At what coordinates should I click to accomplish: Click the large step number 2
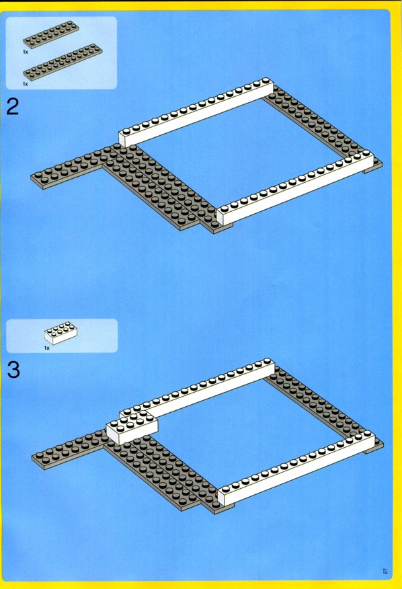(x=13, y=107)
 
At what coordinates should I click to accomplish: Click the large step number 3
(x=13, y=370)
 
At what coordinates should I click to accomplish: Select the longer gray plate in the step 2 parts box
(x=63, y=62)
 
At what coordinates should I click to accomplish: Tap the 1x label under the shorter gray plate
(x=25, y=52)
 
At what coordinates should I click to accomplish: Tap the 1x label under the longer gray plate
(x=25, y=84)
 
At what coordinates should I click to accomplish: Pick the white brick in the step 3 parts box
(x=61, y=333)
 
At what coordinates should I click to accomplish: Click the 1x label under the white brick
(x=46, y=348)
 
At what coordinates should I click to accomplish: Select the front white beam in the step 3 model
(x=297, y=468)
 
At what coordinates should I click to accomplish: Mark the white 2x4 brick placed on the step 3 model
(x=132, y=428)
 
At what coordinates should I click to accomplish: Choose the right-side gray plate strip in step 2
(x=323, y=128)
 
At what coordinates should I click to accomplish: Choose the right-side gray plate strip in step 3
(x=324, y=405)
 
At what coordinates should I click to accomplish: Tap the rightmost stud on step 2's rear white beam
(x=266, y=81)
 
